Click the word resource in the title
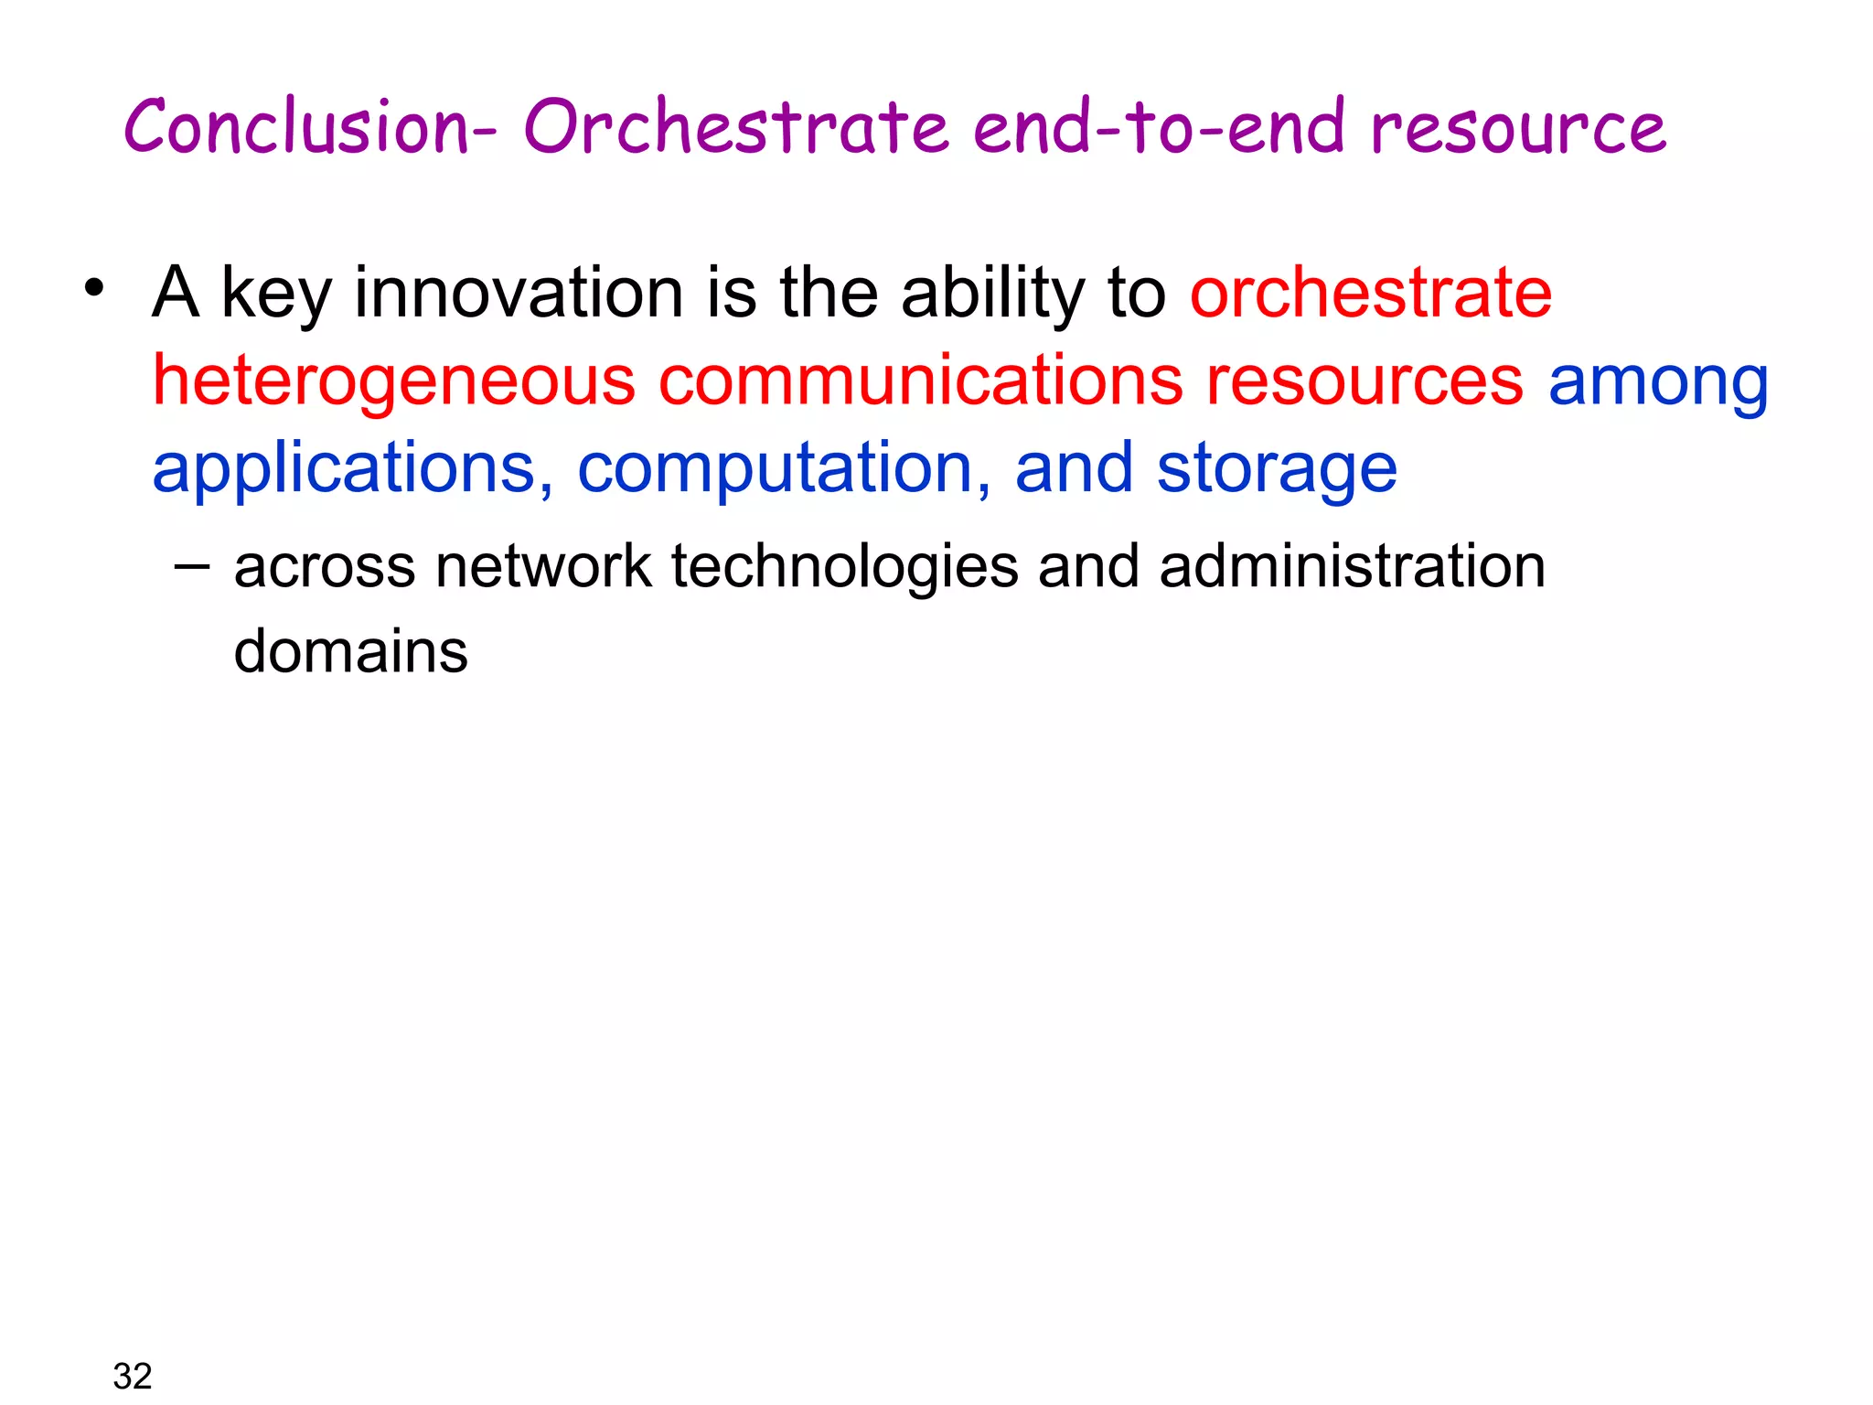click(1518, 128)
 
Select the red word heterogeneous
click(393, 381)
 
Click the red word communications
click(920, 381)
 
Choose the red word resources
click(1364, 381)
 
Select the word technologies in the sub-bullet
click(844, 567)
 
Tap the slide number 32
click(133, 1375)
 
